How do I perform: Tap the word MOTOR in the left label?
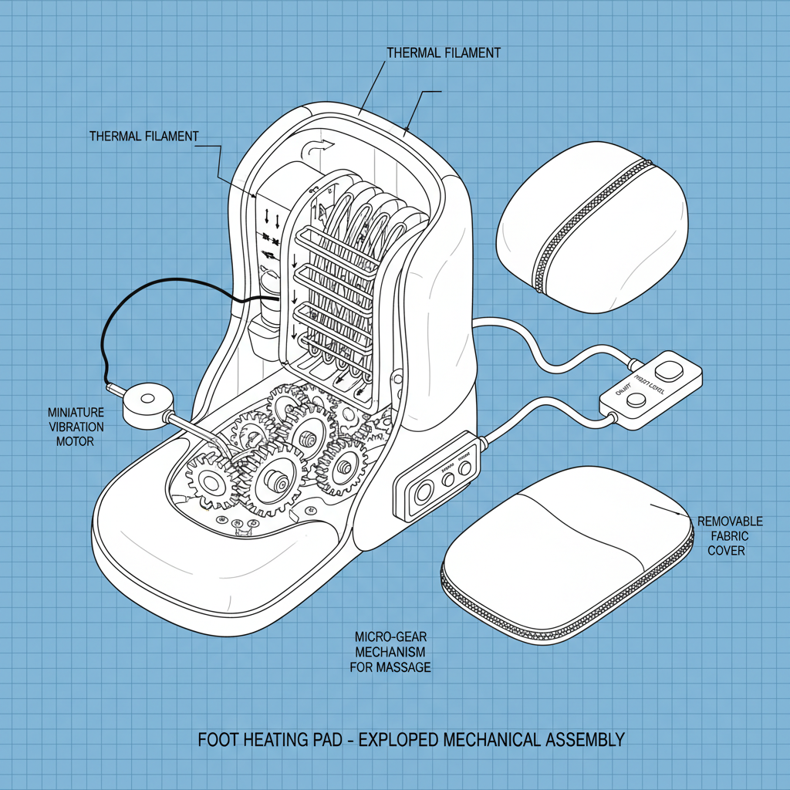click(x=75, y=441)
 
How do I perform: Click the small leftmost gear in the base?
click(x=208, y=484)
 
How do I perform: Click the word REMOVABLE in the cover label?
click(x=729, y=522)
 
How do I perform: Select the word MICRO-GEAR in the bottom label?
click(x=390, y=637)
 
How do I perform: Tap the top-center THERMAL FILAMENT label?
click(x=443, y=52)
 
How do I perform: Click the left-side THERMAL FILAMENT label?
click(x=143, y=137)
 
